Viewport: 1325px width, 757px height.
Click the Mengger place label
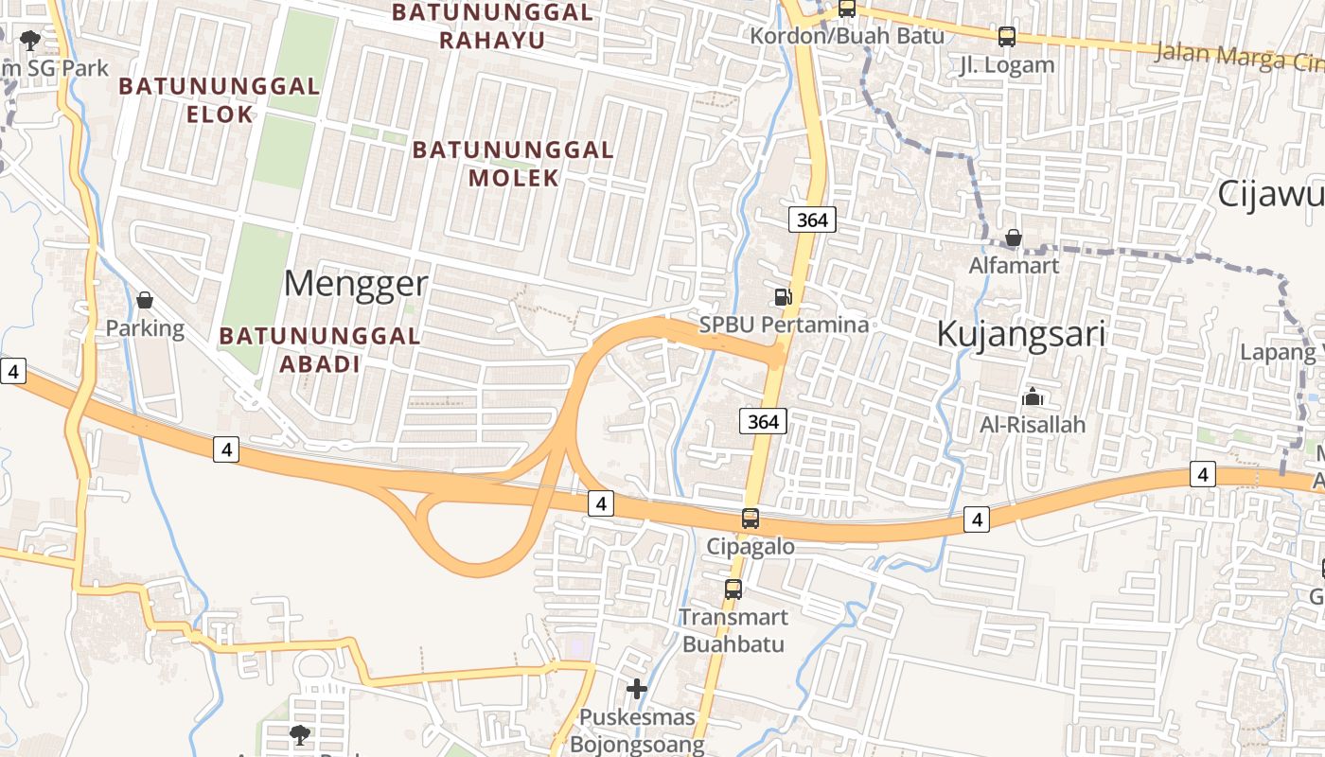tap(356, 284)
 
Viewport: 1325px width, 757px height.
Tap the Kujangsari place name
tap(1021, 333)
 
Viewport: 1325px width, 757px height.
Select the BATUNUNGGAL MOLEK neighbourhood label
tap(513, 164)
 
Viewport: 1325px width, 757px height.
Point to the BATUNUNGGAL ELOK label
tap(220, 100)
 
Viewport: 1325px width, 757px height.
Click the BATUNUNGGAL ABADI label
tap(320, 349)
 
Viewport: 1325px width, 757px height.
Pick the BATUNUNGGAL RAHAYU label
tap(492, 26)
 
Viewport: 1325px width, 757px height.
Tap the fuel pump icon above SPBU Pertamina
tap(783, 297)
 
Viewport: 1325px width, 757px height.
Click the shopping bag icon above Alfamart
tap(1014, 238)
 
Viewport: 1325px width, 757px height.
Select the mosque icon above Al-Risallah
tap(1032, 396)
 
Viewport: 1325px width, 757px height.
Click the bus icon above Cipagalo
tap(751, 519)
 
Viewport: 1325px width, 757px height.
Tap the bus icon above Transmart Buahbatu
tap(733, 590)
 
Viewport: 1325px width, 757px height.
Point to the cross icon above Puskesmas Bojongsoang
tap(637, 689)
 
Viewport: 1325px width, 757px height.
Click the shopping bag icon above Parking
tap(145, 300)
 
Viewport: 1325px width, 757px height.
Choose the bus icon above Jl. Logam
tap(1007, 37)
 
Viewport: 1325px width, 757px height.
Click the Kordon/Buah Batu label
tap(847, 36)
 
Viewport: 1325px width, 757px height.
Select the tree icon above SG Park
tap(30, 40)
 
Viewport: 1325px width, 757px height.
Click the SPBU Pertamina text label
tap(784, 325)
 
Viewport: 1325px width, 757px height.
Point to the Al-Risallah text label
tap(1033, 425)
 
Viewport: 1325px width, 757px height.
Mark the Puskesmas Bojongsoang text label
tap(637, 731)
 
